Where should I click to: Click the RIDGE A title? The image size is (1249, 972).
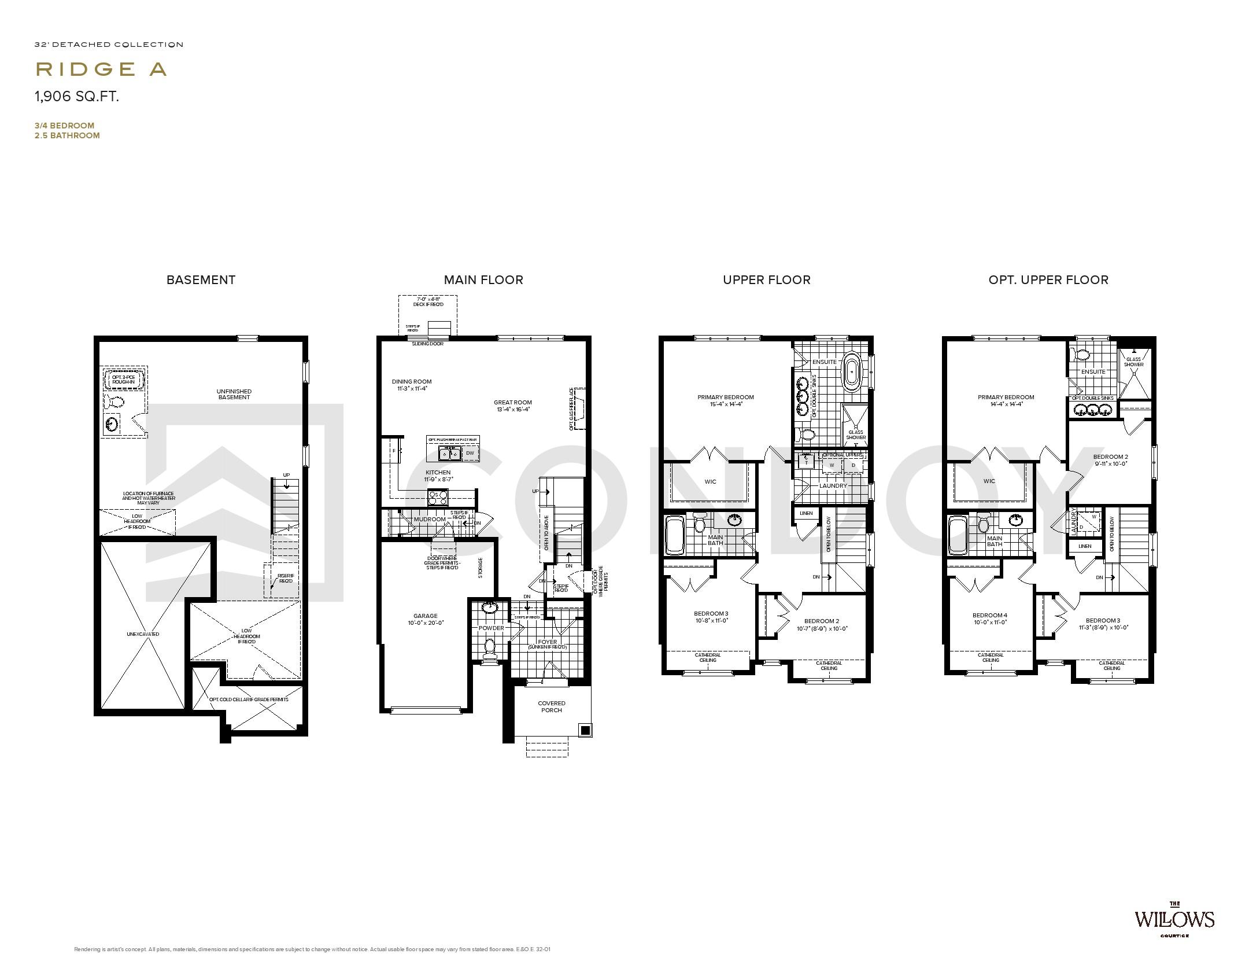(x=101, y=69)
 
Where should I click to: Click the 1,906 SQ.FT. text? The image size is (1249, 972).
(x=77, y=97)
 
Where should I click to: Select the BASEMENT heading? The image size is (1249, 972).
(x=201, y=280)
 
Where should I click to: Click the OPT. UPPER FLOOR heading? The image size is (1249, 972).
(x=1048, y=280)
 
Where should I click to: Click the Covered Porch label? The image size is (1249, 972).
(x=551, y=706)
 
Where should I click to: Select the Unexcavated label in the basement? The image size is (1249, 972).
(x=143, y=634)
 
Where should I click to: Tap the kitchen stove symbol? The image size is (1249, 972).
(x=437, y=497)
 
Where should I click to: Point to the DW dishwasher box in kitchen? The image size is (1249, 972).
(x=470, y=454)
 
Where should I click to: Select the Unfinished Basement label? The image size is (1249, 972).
(x=234, y=394)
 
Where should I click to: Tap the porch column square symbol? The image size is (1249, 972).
(x=585, y=730)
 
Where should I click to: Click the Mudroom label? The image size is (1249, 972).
(x=430, y=519)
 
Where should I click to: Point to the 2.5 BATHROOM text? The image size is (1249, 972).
(x=67, y=135)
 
